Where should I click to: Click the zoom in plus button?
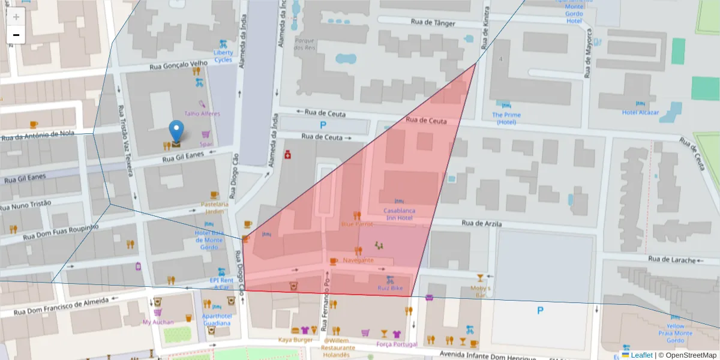pos(16,17)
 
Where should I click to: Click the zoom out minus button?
pos(16,35)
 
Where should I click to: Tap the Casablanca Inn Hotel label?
pos(398,214)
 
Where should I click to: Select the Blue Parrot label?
pos(357,224)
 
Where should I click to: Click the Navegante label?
pos(358,260)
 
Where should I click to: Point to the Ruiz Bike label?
pos(389,287)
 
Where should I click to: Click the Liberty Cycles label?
pos(223,56)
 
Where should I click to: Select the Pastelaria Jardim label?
pos(215,208)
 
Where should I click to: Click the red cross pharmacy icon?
pos(289,155)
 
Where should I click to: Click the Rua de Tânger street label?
pos(433,23)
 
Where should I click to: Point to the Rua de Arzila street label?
pos(481,223)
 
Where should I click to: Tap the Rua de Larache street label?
pos(672,260)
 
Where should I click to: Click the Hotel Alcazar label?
pos(640,112)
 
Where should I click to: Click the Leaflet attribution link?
pos(641,355)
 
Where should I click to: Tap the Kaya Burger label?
pos(295,340)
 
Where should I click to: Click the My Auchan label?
pos(158,322)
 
